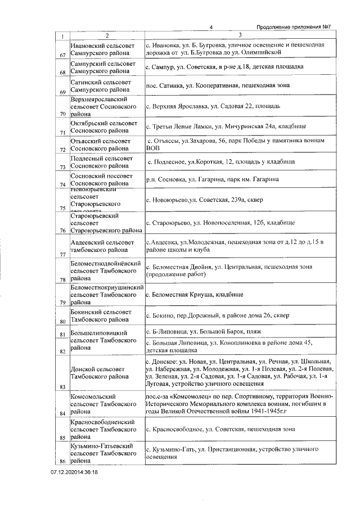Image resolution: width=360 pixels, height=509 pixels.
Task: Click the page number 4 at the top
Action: [210, 27]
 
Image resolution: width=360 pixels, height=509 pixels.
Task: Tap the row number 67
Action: [62, 55]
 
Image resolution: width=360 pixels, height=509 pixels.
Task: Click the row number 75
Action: [62, 208]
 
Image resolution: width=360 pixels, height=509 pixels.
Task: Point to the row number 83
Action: [62, 386]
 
